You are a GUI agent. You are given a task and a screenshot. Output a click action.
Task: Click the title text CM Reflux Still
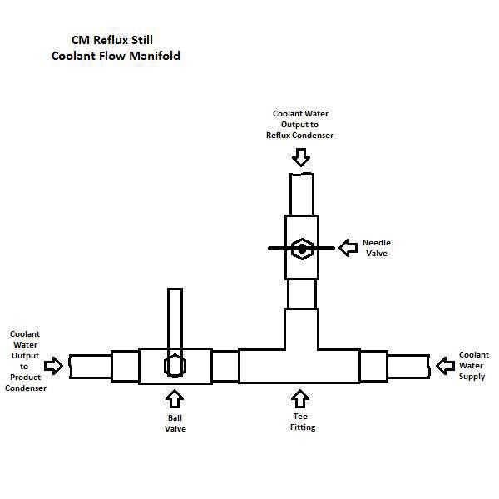112,40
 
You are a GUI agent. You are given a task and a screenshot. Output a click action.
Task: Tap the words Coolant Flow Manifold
116,56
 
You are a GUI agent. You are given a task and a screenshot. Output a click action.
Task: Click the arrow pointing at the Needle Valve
348,248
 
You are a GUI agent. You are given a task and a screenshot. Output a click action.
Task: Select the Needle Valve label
377,248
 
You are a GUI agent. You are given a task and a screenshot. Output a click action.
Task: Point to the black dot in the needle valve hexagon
302,249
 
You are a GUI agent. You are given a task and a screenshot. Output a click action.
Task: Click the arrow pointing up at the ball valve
175,398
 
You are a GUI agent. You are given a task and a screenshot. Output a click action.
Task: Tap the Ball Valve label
175,423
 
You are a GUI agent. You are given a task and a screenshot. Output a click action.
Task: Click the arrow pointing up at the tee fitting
300,398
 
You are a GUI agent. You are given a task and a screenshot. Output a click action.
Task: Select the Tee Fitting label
303,422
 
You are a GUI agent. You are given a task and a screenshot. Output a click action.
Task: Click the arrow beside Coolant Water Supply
445,366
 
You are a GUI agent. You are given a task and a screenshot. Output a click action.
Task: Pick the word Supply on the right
472,377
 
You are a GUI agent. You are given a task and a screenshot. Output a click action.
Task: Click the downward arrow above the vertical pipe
301,157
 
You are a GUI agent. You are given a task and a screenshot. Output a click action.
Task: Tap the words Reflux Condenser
299,136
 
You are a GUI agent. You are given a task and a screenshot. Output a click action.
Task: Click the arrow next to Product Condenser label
53,366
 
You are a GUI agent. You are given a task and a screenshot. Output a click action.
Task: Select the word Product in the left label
26,377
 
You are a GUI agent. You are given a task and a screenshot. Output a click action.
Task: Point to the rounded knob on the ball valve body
175,366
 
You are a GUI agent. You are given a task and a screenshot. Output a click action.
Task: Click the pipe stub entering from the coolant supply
408,366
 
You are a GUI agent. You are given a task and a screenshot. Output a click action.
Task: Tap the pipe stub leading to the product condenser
91,366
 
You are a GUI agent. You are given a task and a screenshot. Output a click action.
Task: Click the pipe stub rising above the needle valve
302,194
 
